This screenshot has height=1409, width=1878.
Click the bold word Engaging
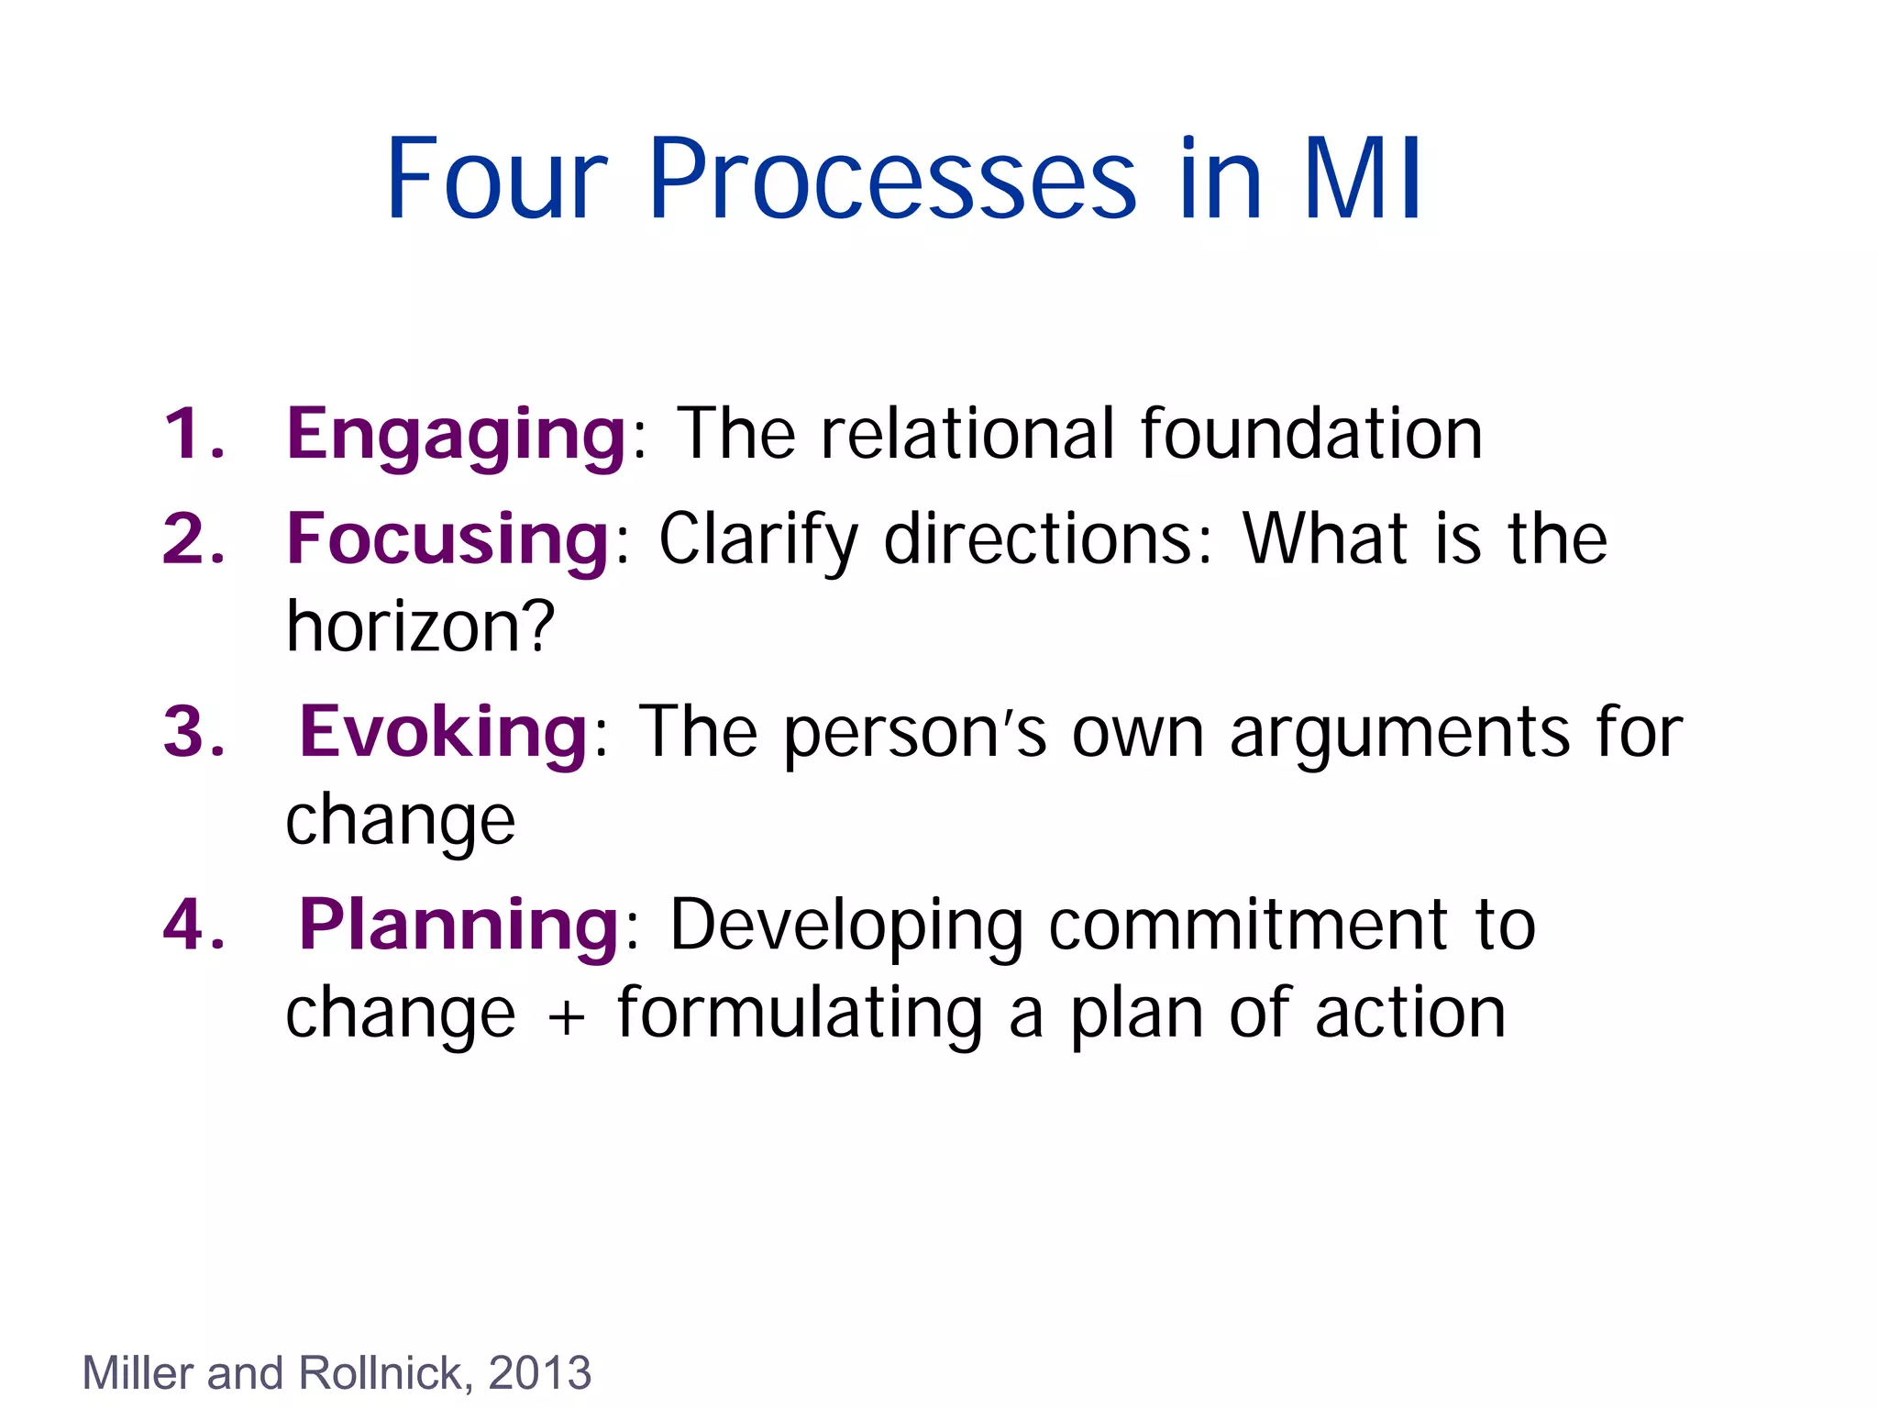coord(456,435)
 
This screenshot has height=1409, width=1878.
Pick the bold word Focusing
coord(447,539)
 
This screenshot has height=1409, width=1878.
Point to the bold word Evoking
coord(444,732)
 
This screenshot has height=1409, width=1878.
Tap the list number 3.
coord(193,732)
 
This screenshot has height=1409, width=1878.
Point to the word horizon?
coord(420,627)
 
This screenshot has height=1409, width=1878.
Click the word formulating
coord(800,1015)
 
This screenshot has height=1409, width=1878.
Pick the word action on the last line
coord(1410,1015)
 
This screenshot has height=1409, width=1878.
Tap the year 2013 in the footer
coord(540,1373)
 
